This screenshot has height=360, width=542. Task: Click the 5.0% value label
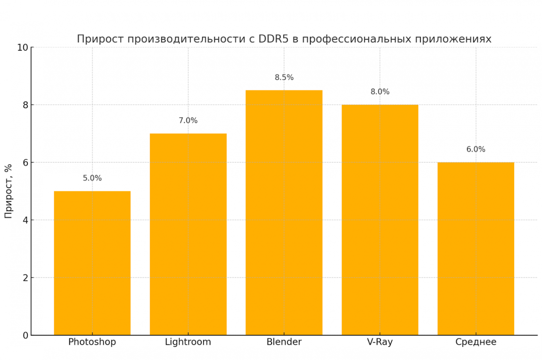pos(92,178)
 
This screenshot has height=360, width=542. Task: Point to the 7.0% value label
pos(188,120)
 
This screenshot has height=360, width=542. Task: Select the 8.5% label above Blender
pos(284,77)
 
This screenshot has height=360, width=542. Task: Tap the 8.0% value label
pos(380,92)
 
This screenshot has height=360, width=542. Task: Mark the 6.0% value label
pos(476,149)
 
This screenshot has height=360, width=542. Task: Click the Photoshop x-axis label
pos(92,342)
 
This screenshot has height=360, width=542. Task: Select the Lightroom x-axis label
pos(188,342)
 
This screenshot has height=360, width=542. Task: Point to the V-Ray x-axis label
pos(380,342)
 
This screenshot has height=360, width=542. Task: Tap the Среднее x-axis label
pos(476,342)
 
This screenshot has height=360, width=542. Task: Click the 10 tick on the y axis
pos(23,48)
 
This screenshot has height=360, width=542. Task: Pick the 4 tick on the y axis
pos(25,220)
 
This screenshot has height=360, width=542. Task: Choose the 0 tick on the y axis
pos(25,335)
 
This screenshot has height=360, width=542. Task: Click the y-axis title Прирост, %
pos(8,191)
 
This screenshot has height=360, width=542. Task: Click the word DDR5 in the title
pos(273,39)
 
